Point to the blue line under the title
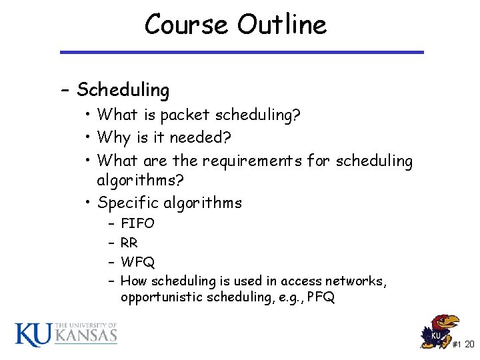(x=241, y=52)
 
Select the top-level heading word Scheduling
(x=123, y=89)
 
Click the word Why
(x=113, y=138)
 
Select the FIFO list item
(x=137, y=223)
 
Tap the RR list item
(x=129, y=243)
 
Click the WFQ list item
(x=137, y=262)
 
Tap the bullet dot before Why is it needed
(x=88, y=139)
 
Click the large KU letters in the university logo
(x=33, y=334)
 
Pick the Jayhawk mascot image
(x=441, y=331)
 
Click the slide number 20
(x=469, y=345)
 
